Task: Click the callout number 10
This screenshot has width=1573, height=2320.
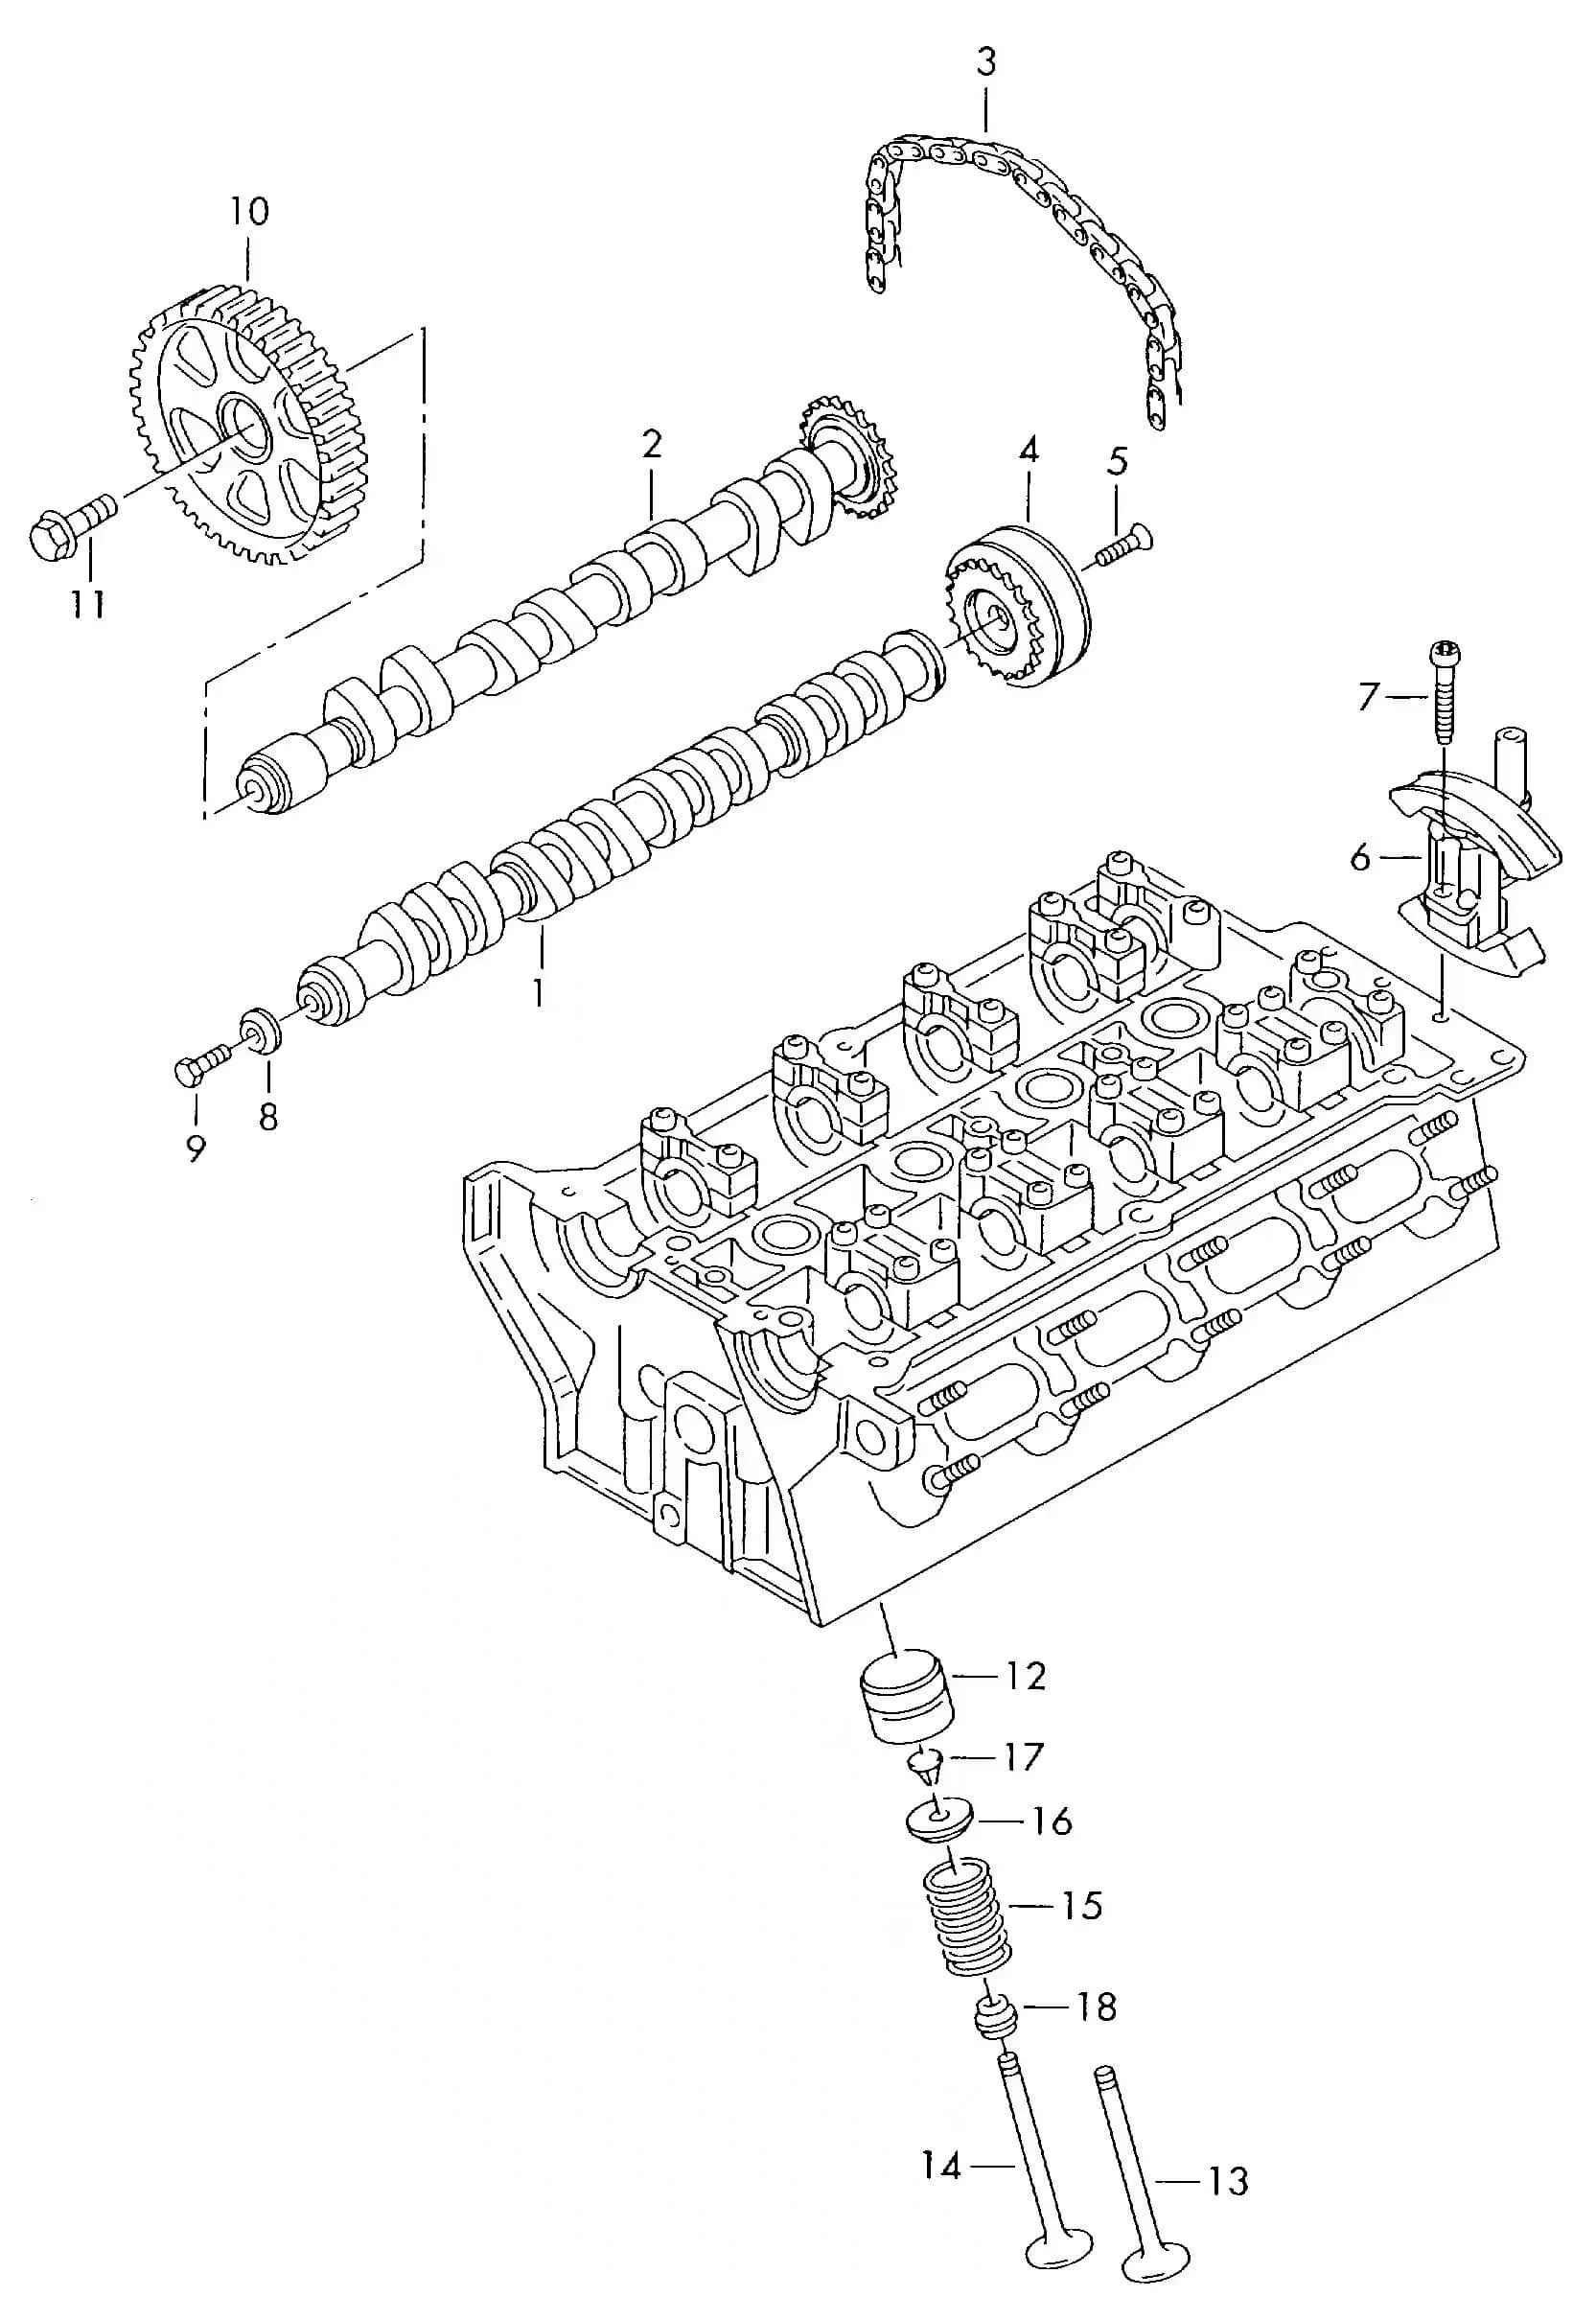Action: click(248, 212)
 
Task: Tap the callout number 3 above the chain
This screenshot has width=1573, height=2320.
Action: click(985, 63)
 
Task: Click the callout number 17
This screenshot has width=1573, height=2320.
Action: click(1021, 1757)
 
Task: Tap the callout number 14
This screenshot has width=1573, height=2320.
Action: click(940, 2167)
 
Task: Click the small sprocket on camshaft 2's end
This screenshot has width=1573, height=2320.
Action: click(848, 457)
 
